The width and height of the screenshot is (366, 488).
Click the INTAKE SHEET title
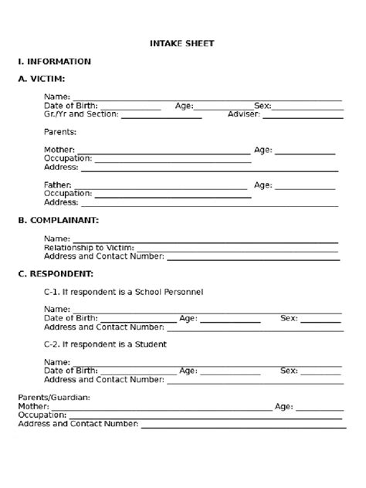tap(181, 44)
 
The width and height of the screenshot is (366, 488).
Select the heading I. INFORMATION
tap(54, 61)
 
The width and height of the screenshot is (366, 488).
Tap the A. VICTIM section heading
tap(41, 79)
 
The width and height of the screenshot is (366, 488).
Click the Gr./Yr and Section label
tap(80, 114)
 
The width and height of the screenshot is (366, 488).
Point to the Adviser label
tap(244, 114)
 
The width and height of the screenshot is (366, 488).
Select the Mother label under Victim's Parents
tap(59, 150)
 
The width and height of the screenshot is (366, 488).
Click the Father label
tap(58, 185)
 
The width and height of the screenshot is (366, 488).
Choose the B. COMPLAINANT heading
tap(58, 220)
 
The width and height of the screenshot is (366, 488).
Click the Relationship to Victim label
tap(89, 247)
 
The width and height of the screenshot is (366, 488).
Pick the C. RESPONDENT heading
tap(56, 273)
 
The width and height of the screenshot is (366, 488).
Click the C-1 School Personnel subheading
tap(124, 292)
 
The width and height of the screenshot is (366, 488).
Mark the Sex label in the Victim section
tap(263, 106)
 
